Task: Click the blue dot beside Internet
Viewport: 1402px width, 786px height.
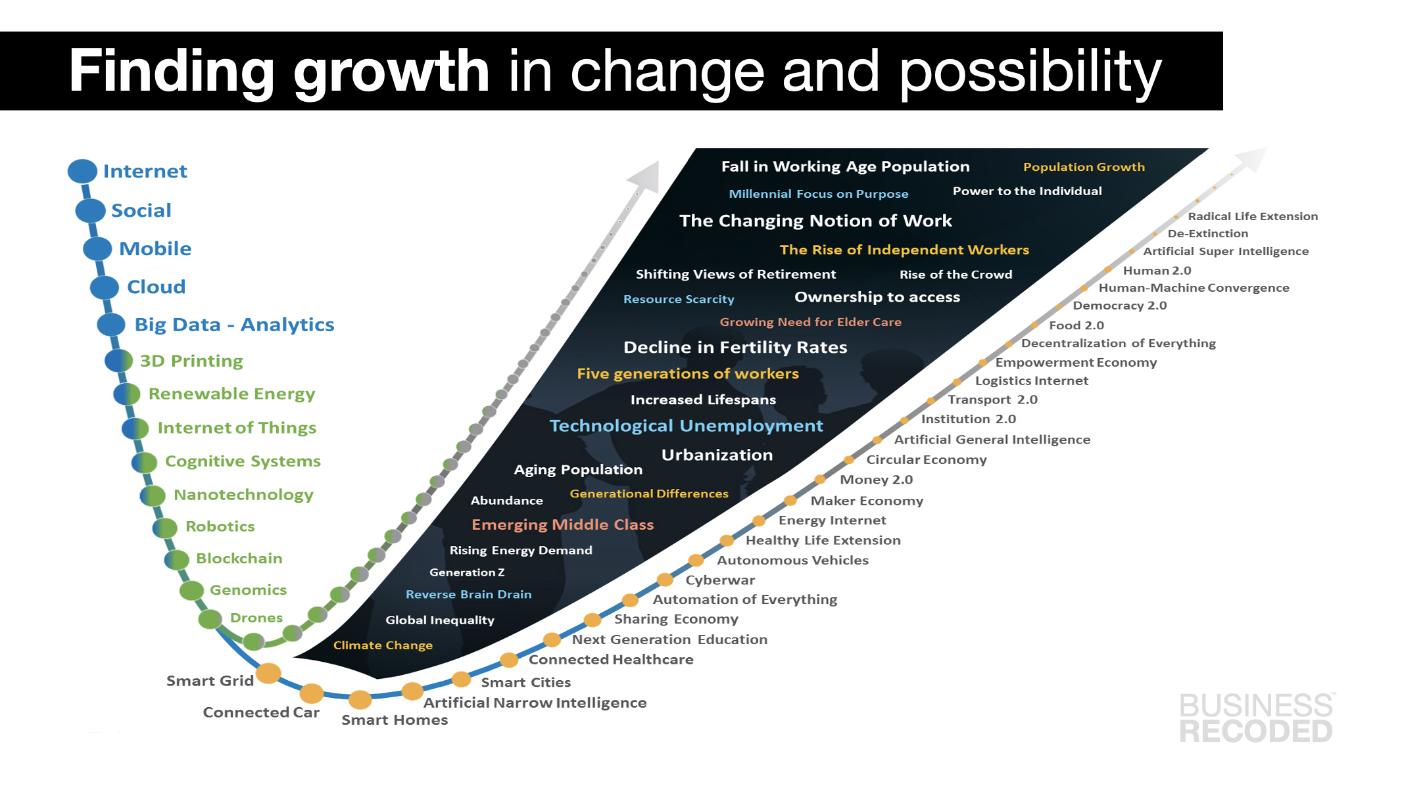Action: tap(82, 171)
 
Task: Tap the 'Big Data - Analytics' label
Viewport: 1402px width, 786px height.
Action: tap(234, 325)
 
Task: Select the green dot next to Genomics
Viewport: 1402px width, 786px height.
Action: tap(192, 590)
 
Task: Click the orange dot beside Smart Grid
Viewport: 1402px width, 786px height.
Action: tap(268, 673)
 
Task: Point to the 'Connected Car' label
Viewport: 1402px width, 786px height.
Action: tap(261, 712)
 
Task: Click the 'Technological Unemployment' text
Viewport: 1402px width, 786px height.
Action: tap(686, 426)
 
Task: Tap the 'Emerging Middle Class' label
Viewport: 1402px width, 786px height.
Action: tap(562, 524)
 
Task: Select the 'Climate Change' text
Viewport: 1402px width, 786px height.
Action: tap(383, 645)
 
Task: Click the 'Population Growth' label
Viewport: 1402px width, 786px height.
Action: tap(1084, 167)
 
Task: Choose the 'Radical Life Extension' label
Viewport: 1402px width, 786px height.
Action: tap(1253, 216)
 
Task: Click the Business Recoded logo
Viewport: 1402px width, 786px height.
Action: tap(1257, 718)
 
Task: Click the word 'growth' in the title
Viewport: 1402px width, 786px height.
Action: tap(391, 71)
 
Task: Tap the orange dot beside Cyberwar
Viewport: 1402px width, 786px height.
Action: tap(665, 580)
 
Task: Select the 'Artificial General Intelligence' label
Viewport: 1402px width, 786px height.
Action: tap(992, 440)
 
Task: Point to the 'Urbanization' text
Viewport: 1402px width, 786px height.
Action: tap(717, 455)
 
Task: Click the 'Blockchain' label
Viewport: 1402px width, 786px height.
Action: tap(239, 559)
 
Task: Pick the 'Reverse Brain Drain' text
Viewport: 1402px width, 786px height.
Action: tap(468, 594)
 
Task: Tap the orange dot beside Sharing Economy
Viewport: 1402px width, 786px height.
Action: tap(592, 620)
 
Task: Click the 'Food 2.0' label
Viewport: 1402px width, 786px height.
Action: tap(1076, 325)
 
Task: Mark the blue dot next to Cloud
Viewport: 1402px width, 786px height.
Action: tap(104, 287)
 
